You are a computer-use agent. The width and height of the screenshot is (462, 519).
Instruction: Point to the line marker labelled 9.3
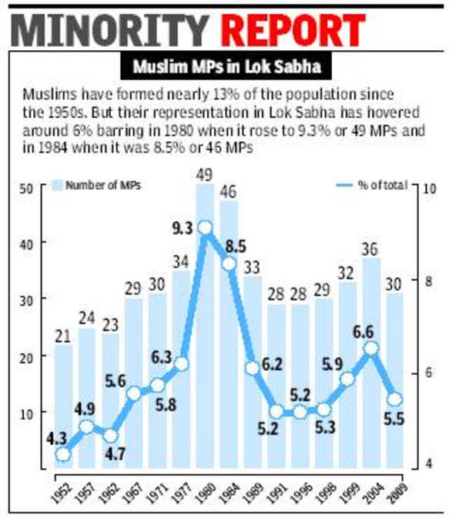click(205, 227)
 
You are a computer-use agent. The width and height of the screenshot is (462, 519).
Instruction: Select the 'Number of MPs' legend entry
click(96, 185)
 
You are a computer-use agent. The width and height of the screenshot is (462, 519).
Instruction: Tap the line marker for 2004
click(371, 348)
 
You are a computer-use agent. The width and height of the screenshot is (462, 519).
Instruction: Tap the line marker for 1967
click(134, 393)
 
